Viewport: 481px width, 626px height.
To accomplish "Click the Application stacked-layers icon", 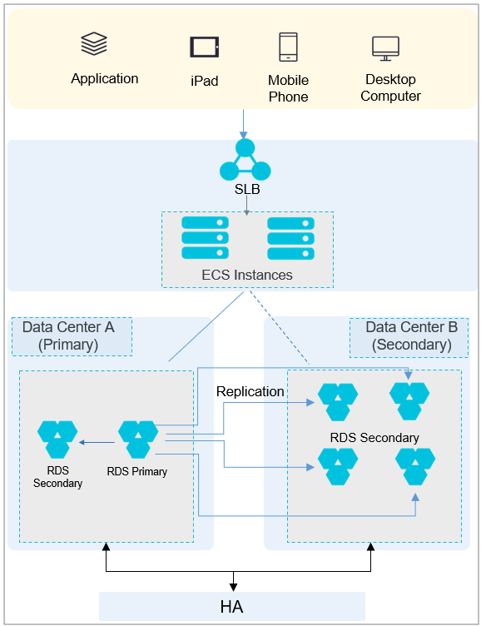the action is pyautogui.click(x=94, y=43).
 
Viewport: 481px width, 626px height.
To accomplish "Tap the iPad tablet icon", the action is pyautogui.click(x=205, y=47).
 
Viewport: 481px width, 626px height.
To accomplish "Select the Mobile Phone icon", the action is pyautogui.click(x=288, y=47).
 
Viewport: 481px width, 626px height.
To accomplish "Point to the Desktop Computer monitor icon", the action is pyautogui.click(x=385, y=48).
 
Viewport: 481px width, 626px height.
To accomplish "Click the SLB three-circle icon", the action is pyautogui.click(x=245, y=160).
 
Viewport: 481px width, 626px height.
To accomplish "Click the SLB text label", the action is pyautogui.click(x=247, y=189).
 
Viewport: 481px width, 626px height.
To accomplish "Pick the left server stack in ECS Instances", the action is pyautogui.click(x=206, y=237).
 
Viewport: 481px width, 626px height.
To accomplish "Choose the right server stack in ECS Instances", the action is pyautogui.click(x=290, y=238).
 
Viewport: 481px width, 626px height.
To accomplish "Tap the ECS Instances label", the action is pyautogui.click(x=247, y=275).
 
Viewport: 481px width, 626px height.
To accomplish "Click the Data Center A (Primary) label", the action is pyautogui.click(x=68, y=335).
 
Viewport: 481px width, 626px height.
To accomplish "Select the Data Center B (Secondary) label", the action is pyautogui.click(x=412, y=335).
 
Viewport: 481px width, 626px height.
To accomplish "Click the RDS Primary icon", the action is pyautogui.click(x=138, y=440).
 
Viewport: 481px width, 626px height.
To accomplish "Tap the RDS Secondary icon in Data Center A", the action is pyautogui.click(x=57, y=440).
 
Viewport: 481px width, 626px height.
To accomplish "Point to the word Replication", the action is pyautogui.click(x=250, y=391).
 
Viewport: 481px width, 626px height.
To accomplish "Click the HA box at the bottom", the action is pyautogui.click(x=232, y=606).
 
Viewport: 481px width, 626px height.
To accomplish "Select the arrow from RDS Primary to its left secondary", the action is pyautogui.click(x=97, y=442).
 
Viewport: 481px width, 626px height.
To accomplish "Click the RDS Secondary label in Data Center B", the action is pyautogui.click(x=374, y=438).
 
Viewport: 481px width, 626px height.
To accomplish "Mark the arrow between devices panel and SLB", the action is pyautogui.click(x=243, y=124).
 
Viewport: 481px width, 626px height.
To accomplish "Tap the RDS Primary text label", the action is pyautogui.click(x=137, y=471).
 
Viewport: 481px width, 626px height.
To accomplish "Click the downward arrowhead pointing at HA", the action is pyautogui.click(x=234, y=587).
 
